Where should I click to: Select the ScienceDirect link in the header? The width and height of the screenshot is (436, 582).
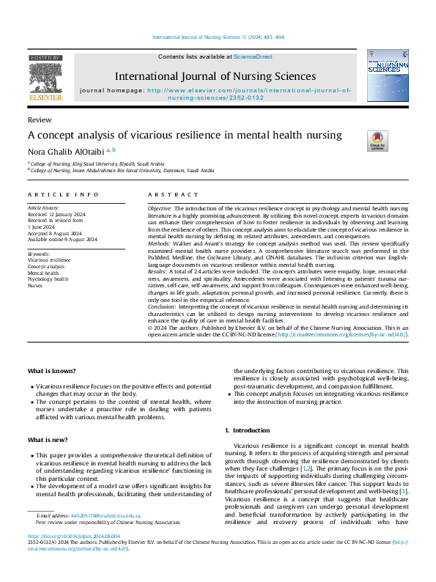(x=253, y=56)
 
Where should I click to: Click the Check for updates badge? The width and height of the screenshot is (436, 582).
(x=377, y=141)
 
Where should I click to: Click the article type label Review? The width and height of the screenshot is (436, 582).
(x=39, y=119)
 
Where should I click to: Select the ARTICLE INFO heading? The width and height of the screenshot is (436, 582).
(x=63, y=194)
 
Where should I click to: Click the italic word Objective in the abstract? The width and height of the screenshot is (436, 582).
(x=161, y=208)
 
